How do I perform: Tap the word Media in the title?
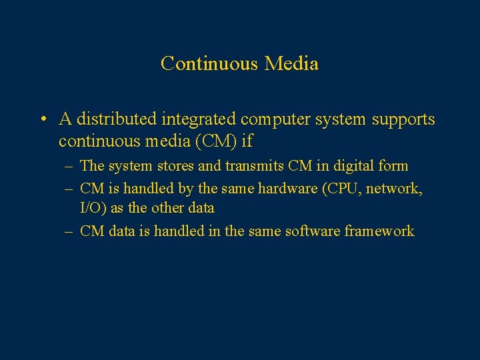[x=291, y=63]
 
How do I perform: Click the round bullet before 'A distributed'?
[x=42, y=120]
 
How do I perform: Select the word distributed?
[x=115, y=119]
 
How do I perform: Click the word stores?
[x=173, y=165]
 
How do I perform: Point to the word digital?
[x=348, y=165]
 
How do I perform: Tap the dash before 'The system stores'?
[x=69, y=165]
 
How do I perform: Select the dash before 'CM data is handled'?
[x=69, y=231]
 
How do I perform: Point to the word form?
[x=393, y=165]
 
